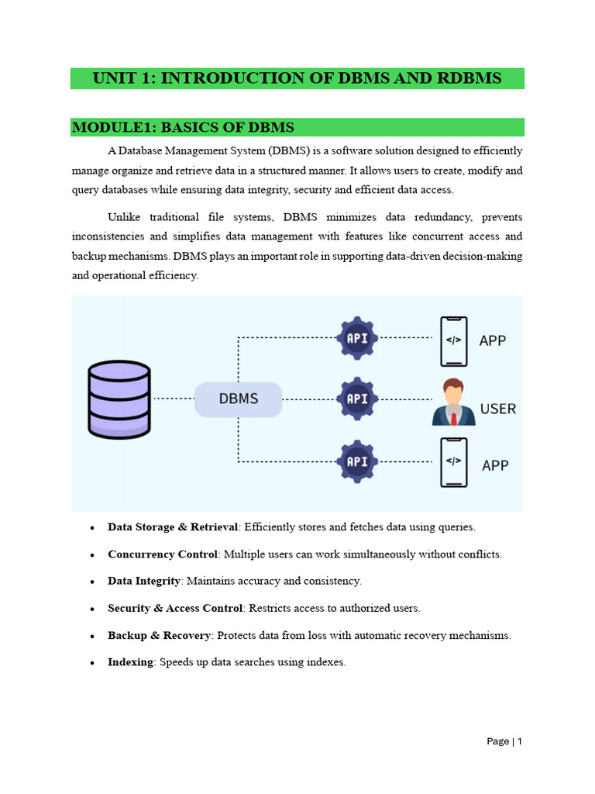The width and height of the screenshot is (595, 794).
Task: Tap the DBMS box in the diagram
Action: point(238,399)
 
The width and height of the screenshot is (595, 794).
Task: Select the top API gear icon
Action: point(358,338)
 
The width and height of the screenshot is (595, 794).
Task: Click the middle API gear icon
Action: point(358,399)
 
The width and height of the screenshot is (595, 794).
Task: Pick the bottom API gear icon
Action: point(358,461)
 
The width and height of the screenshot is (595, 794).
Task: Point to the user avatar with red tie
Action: point(452,402)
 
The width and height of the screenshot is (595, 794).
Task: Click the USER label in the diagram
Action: point(498,408)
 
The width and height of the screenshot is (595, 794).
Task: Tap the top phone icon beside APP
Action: point(453,340)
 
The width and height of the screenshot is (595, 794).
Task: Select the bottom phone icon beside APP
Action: point(453,461)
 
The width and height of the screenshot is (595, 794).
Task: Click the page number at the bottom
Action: point(504,741)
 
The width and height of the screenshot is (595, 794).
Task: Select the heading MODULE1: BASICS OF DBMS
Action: point(183,127)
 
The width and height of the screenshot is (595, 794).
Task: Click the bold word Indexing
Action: point(130,662)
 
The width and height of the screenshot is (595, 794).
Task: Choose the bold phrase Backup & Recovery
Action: point(159,635)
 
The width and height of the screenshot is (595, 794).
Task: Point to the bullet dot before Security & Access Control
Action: point(91,609)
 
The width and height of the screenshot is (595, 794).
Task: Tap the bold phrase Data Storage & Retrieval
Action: point(173,527)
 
